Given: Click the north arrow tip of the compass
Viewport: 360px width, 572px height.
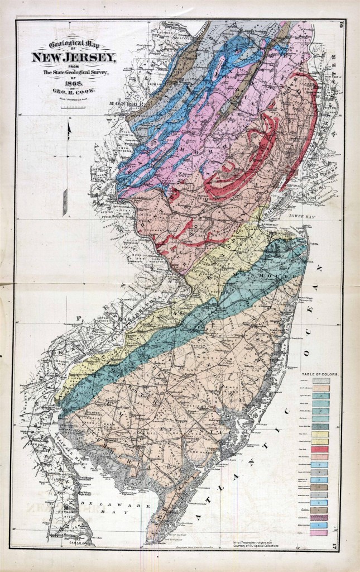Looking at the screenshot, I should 68,125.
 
